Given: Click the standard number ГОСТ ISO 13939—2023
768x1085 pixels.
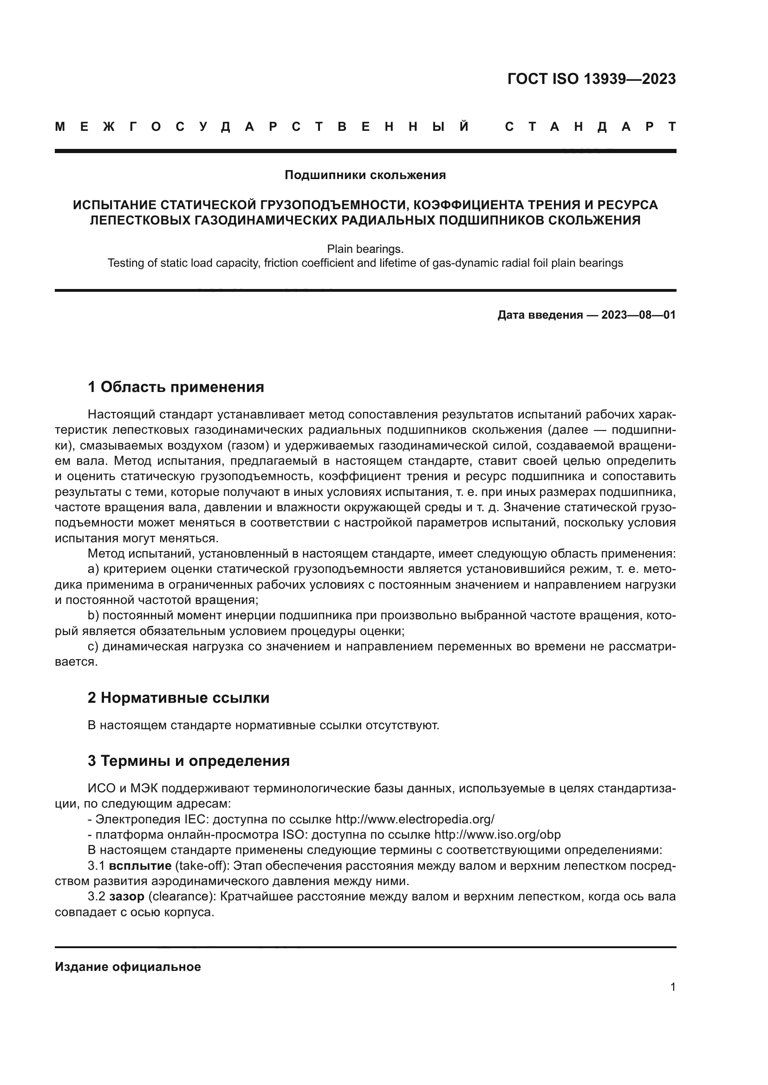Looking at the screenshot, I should click(591, 79).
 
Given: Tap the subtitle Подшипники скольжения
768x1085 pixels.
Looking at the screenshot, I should click(365, 175).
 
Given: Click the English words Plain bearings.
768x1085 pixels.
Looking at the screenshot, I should click(365, 249).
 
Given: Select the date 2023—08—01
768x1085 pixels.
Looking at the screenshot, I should click(638, 315).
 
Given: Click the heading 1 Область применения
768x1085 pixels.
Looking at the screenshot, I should click(176, 387).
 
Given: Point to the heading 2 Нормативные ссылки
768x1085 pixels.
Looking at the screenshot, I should click(178, 698).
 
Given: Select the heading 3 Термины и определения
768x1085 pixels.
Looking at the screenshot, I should click(188, 761).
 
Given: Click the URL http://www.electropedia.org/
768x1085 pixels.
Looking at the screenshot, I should click(415, 819).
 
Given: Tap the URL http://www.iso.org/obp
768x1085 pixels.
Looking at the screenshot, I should click(497, 835).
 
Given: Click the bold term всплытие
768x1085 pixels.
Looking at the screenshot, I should click(140, 866).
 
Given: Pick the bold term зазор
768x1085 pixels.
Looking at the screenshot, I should click(127, 897).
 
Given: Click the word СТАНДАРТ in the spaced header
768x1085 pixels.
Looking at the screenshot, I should click(590, 127).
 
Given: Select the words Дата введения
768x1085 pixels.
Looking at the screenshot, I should click(540, 315).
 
